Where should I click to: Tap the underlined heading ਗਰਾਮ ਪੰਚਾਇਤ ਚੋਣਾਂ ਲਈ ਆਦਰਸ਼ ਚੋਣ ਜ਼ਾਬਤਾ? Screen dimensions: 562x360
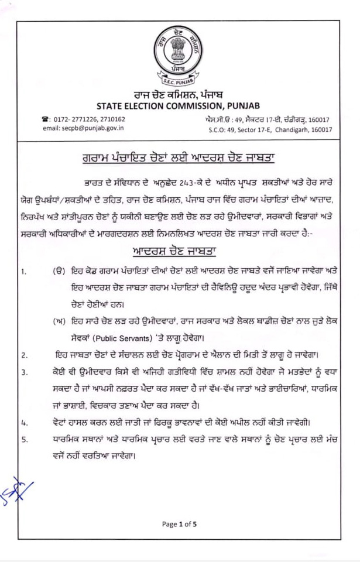pos(179,157)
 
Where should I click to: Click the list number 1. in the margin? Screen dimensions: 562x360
pos(24,272)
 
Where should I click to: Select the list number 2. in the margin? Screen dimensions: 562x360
pos(24,355)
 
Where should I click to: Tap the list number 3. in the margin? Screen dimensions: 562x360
pos(24,372)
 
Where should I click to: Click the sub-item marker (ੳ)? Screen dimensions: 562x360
pos(58,272)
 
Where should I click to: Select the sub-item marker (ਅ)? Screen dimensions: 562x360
pos(58,321)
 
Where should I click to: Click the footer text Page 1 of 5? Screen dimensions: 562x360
pos(180,524)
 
